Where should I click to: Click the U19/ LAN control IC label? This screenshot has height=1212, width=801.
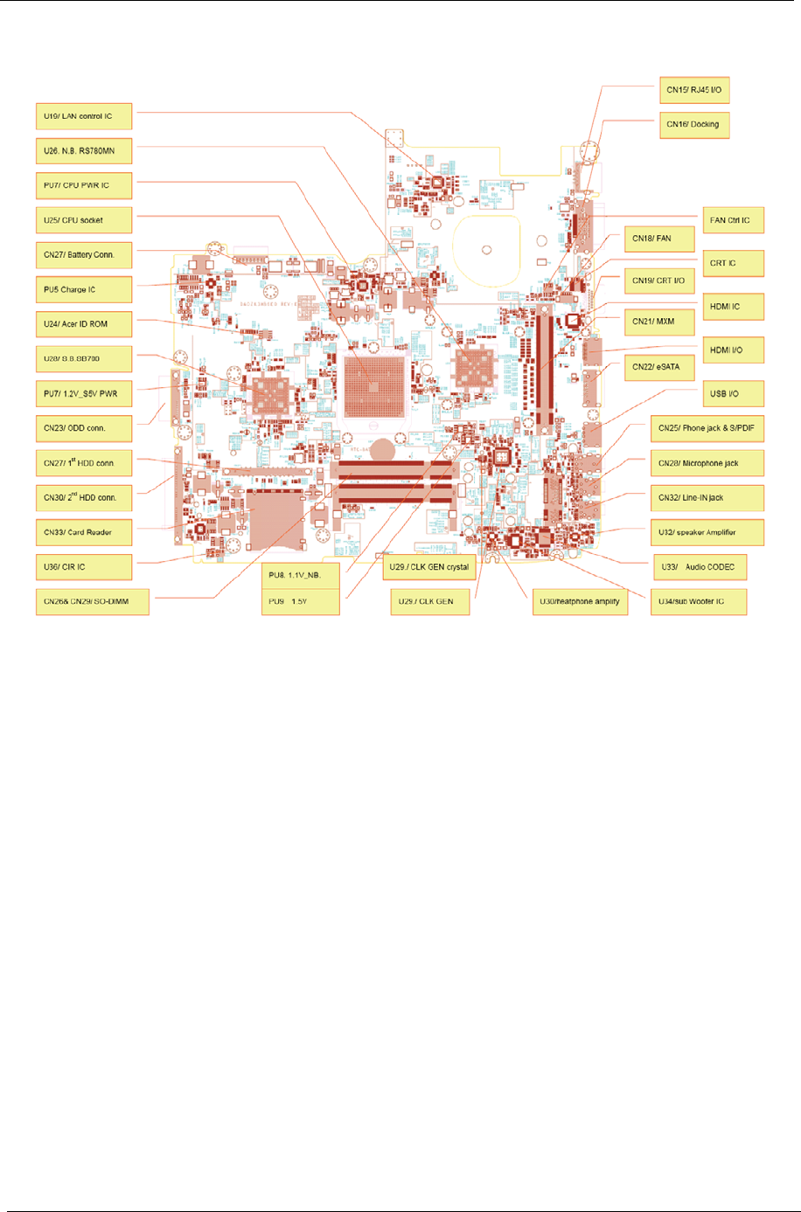coord(84,116)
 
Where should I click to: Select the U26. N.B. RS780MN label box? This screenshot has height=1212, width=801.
coord(84,151)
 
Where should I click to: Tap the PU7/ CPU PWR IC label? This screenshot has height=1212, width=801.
coord(84,185)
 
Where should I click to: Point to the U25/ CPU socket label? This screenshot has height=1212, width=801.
coord(84,220)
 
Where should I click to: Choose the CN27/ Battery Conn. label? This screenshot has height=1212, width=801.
coord(84,255)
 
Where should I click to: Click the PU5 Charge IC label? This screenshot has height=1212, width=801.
coord(84,289)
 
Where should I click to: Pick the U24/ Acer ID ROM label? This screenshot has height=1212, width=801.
coord(84,324)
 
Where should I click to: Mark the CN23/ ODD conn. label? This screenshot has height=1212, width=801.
coord(84,428)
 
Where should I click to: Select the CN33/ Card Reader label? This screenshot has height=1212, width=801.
coord(84,532)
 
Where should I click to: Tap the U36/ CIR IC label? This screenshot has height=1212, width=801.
coord(84,567)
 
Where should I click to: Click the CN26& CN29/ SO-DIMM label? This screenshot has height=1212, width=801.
coord(92,602)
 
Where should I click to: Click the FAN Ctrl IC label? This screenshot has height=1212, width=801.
coord(733,220)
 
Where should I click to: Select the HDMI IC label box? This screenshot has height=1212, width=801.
coord(733,307)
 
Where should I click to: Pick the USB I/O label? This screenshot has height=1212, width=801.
coord(733,394)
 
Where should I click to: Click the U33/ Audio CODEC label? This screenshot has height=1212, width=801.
coord(700,567)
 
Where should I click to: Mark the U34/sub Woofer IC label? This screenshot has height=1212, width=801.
coord(698,602)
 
